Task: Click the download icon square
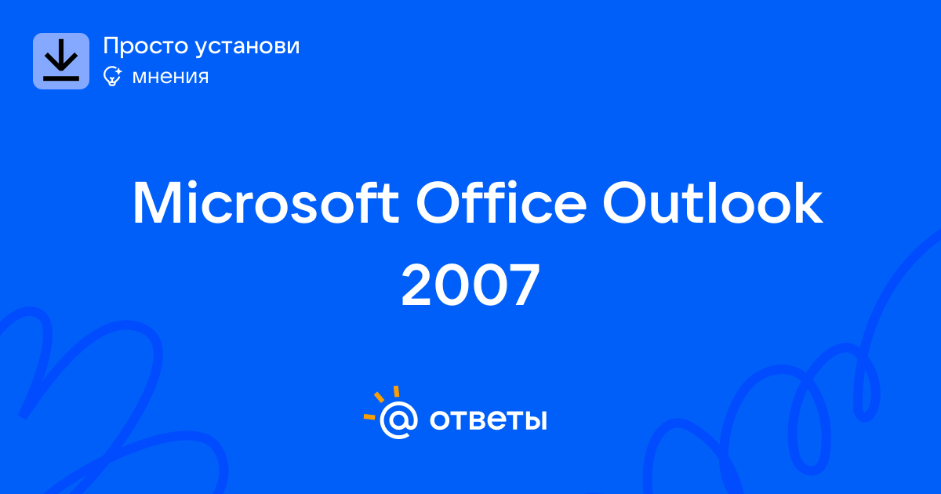coord(61,61)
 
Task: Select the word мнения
coord(170,77)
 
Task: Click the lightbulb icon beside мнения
coord(112,76)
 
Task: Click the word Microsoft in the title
coord(266,202)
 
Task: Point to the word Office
coord(501,202)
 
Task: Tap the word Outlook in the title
coord(713,202)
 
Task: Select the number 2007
coord(470,285)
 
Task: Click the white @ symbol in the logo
coord(398,420)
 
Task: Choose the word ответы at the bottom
coord(488,420)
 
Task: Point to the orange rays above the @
coord(381,402)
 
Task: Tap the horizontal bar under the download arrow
coord(61,78)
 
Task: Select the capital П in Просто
coord(111,46)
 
